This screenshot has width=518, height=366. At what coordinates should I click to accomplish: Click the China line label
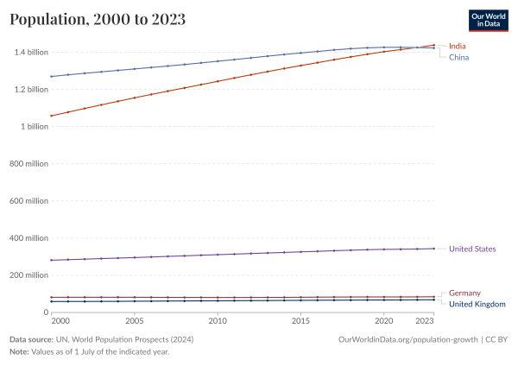coord(459,57)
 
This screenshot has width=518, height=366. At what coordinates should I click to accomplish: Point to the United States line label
coord(472,249)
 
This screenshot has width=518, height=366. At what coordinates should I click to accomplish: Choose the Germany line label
coord(465,293)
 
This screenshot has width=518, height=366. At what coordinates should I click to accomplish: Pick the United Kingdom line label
coord(477,304)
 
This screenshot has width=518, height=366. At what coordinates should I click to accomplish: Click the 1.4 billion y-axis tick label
coord(31,52)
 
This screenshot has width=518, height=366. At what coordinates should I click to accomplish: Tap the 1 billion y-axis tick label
coord(35,126)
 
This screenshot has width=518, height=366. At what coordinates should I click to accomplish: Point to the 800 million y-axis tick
coord(30,163)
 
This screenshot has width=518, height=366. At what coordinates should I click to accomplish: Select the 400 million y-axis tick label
coord(30,237)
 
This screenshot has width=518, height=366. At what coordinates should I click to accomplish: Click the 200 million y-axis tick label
coord(30,274)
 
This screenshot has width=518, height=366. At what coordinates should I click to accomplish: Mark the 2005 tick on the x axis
coord(135,320)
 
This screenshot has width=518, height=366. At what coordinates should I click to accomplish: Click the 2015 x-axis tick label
coord(300,320)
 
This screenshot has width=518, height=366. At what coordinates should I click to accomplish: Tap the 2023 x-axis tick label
coord(425,320)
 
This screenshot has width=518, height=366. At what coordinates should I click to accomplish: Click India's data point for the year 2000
coord(52,116)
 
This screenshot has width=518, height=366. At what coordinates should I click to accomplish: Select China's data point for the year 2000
coord(52,77)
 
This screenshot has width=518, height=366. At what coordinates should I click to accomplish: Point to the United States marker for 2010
coord(218,255)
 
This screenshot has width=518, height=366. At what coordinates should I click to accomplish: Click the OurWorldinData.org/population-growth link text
coord(408,340)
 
